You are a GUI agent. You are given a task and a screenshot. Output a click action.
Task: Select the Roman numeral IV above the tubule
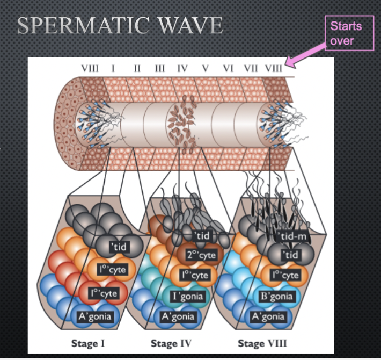[x=182, y=68]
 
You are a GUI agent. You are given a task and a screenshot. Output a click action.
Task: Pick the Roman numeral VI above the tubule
[x=228, y=68]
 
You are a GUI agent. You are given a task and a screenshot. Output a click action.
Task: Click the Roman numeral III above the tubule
[x=159, y=68]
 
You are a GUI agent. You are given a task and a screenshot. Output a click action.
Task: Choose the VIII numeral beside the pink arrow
[x=273, y=68]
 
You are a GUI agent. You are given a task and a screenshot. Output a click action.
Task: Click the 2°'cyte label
[x=201, y=255]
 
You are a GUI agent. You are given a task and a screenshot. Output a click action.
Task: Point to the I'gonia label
[x=185, y=296]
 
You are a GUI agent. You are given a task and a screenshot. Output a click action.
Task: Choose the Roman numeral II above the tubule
[x=137, y=68]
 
